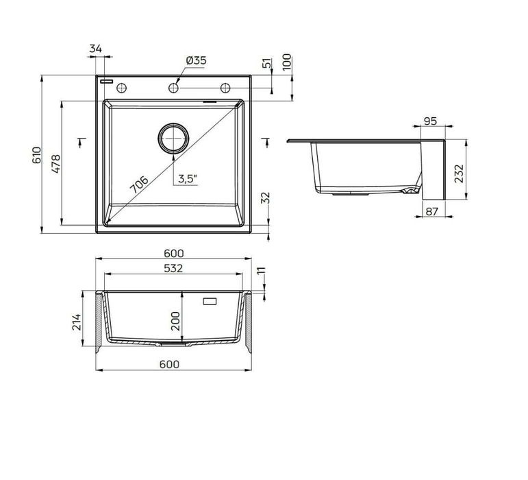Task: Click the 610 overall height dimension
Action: [x=37, y=155]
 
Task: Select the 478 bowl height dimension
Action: [x=56, y=163]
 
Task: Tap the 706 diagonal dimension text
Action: [x=139, y=184]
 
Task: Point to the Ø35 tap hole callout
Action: [x=196, y=60]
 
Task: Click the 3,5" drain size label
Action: [x=187, y=179]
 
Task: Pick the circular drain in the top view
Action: [x=173, y=138]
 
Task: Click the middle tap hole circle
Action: [x=173, y=88]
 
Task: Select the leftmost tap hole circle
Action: [x=122, y=88]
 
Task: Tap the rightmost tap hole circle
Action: [x=225, y=88]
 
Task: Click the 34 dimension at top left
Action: [x=96, y=49]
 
